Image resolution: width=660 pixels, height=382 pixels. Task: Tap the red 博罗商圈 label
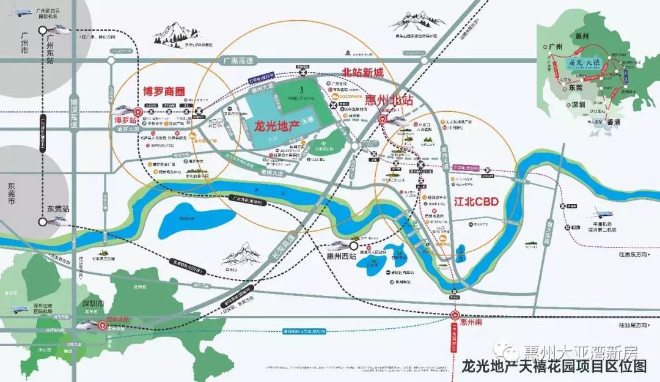tap(163, 92)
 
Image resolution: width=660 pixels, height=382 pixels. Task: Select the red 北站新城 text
tap(362, 73)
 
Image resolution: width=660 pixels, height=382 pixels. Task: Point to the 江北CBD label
tap(477, 200)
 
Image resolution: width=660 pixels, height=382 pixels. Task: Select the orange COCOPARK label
tap(348, 96)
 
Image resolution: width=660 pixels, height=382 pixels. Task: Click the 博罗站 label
tap(122, 120)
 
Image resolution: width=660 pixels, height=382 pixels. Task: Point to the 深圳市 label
tap(94, 304)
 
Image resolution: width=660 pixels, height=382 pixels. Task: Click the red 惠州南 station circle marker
tap(455, 315)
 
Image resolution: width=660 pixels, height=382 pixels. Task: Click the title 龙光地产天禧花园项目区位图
tap(553, 366)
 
